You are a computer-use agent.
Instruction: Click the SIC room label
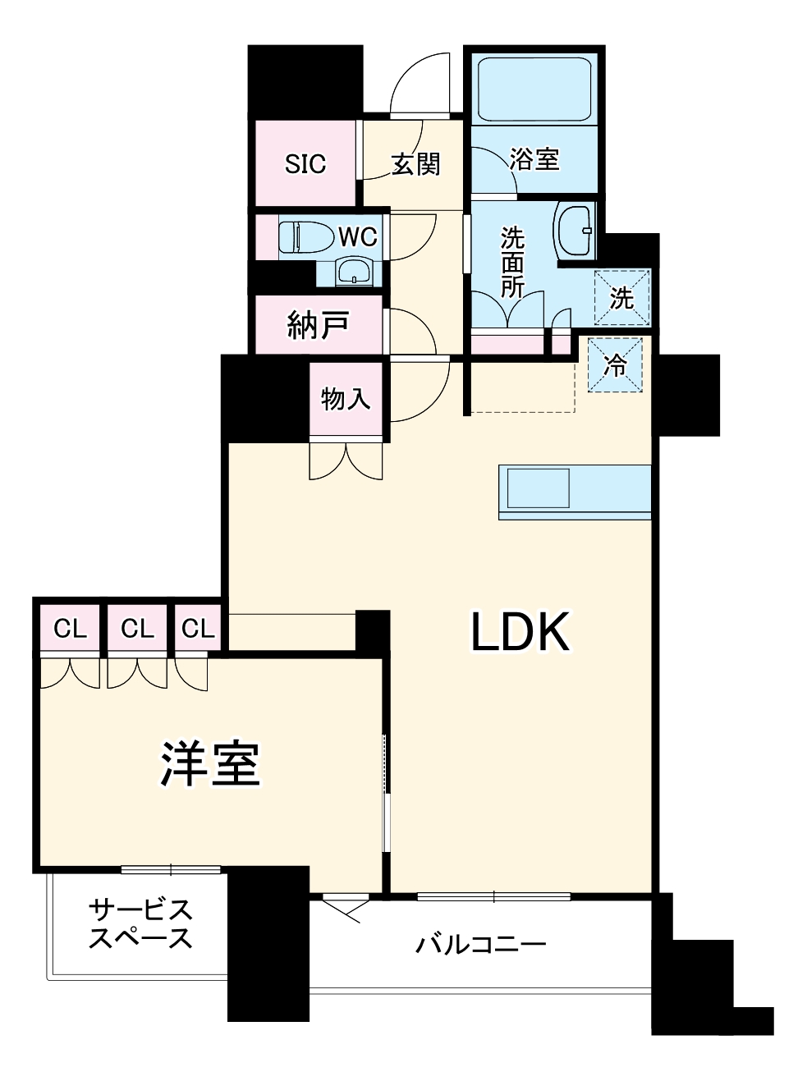pos(305,164)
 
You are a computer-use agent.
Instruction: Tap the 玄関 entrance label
pos(415,164)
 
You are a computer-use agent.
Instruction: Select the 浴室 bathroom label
pos(534,159)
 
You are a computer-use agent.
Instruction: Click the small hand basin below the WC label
pos(354,272)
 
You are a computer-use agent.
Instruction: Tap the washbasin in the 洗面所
pos(575,231)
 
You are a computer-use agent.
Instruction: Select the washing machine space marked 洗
pos(621,298)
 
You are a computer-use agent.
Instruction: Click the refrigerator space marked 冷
pos(616,365)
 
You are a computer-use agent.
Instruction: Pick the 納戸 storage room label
pos(318,326)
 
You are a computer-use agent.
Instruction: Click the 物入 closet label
pos(346,400)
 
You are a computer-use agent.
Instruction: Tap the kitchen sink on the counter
pos(538,488)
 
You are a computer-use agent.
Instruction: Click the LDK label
pos(520,632)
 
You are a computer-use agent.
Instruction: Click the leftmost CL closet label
pos(70,630)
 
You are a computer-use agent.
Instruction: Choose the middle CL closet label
pos(137,630)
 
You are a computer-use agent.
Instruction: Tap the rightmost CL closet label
pos(198,630)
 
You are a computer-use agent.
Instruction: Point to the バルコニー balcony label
pos(480,945)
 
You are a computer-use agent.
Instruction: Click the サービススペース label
pos(140,924)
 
